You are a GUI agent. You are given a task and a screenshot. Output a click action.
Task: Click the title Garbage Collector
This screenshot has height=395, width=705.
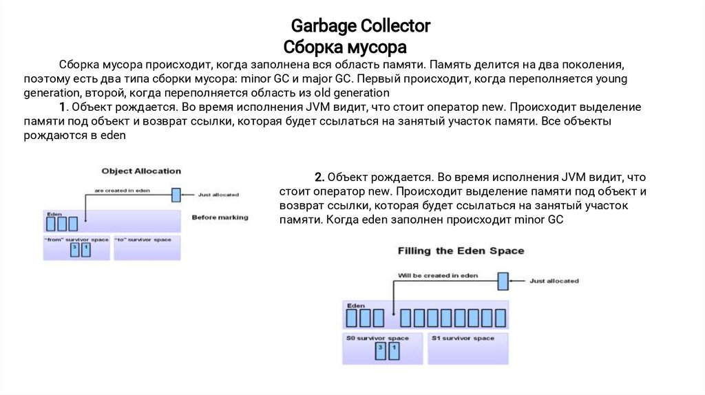point(360,26)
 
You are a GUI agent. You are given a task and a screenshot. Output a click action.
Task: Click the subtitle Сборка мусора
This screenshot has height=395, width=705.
point(345,47)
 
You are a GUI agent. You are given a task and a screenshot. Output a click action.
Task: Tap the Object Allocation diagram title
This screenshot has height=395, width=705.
point(141,171)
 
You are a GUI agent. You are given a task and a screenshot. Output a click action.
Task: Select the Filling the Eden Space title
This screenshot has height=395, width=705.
point(461,250)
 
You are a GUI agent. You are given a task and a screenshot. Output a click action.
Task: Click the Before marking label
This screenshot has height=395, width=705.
point(220,217)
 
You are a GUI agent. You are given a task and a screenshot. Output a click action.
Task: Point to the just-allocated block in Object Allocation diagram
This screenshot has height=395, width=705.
point(176,195)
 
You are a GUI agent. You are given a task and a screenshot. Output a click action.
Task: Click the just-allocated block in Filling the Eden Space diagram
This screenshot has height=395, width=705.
point(503,280)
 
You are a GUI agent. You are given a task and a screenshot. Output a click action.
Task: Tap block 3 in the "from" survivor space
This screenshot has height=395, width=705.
point(75,250)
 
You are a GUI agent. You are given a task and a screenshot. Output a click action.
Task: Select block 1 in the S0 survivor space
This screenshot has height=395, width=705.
point(393,351)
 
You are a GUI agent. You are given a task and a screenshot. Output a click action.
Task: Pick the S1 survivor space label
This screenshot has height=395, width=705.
point(463,338)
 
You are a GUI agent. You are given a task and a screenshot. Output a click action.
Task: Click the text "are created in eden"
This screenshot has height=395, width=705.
point(122,190)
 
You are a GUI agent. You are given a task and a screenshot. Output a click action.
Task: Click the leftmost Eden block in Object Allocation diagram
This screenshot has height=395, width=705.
point(51,224)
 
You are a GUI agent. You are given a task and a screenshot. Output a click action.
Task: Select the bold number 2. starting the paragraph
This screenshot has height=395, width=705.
point(319,176)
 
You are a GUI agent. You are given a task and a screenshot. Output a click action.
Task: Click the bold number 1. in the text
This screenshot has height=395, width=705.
point(63,107)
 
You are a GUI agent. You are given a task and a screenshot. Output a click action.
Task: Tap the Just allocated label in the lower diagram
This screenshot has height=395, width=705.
point(554,281)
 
